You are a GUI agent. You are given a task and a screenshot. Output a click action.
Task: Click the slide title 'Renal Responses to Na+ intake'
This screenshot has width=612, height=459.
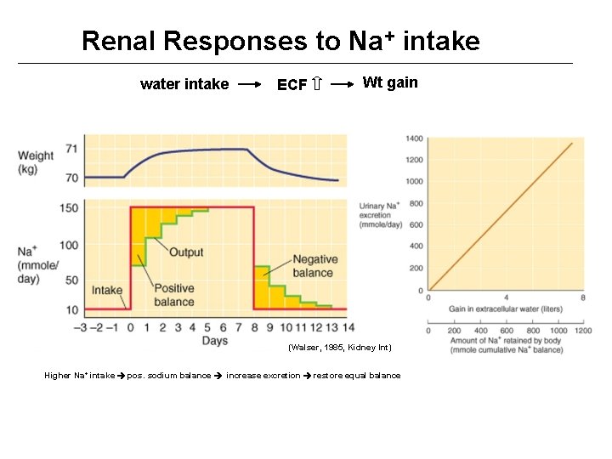click(280, 41)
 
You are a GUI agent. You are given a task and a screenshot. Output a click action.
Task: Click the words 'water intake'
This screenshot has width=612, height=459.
click(184, 84)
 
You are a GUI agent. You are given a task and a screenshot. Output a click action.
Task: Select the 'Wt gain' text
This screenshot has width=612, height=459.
click(390, 82)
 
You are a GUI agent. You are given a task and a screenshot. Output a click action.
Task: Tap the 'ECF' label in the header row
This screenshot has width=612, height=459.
click(292, 85)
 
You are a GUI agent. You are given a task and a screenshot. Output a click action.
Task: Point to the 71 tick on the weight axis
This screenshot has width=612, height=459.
click(71, 149)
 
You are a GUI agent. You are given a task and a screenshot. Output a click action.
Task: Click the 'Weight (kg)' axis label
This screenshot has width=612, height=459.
click(35, 162)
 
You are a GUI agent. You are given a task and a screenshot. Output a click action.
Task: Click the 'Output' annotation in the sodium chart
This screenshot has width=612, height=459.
click(186, 252)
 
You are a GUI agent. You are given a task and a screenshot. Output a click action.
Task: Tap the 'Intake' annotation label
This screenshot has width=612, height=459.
click(107, 290)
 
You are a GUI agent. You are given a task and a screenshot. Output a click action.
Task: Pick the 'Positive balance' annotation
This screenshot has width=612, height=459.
click(174, 295)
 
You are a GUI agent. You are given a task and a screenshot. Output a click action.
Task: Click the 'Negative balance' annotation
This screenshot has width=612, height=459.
click(314, 266)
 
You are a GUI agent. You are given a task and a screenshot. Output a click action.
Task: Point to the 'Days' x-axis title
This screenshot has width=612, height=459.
click(214, 341)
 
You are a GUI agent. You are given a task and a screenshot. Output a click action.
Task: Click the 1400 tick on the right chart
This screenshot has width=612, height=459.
click(414, 139)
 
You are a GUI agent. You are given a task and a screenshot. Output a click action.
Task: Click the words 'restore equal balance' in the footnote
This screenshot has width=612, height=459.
click(357, 375)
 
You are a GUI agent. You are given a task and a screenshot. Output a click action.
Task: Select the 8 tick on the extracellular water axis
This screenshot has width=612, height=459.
click(582, 297)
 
